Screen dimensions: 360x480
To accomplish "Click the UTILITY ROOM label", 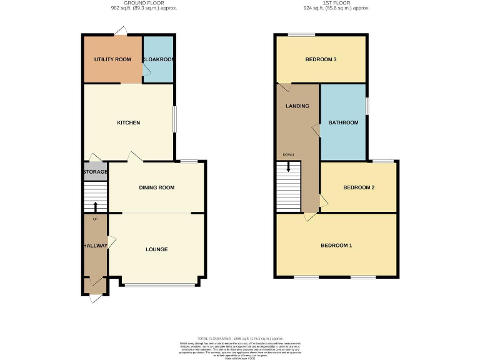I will click(112, 59).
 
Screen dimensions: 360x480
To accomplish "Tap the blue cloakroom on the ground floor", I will click(158, 60).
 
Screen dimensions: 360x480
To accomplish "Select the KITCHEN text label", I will click(129, 122).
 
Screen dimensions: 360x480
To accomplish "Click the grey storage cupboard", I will click(95, 172).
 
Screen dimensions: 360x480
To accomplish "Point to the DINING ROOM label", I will click(156, 187).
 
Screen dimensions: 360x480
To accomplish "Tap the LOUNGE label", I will click(156, 249).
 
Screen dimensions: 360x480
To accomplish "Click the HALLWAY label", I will click(96, 246).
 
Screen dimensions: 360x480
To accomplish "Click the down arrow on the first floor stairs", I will click(288, 166).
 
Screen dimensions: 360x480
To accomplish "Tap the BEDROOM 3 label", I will click(321, 59).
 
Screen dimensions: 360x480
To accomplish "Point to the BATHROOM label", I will click(344, 122).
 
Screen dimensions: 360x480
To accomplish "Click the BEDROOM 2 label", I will click(359, 187).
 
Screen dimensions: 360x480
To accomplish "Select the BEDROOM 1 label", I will click(336, 246).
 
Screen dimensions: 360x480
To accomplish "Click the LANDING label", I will click(297, 106).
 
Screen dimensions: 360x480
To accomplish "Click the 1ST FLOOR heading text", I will click(336, 3).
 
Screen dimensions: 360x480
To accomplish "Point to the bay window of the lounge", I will click(160, 286).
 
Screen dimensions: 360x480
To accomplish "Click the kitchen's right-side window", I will click(174, 119).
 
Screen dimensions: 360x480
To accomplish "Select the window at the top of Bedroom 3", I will click(301, 34).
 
